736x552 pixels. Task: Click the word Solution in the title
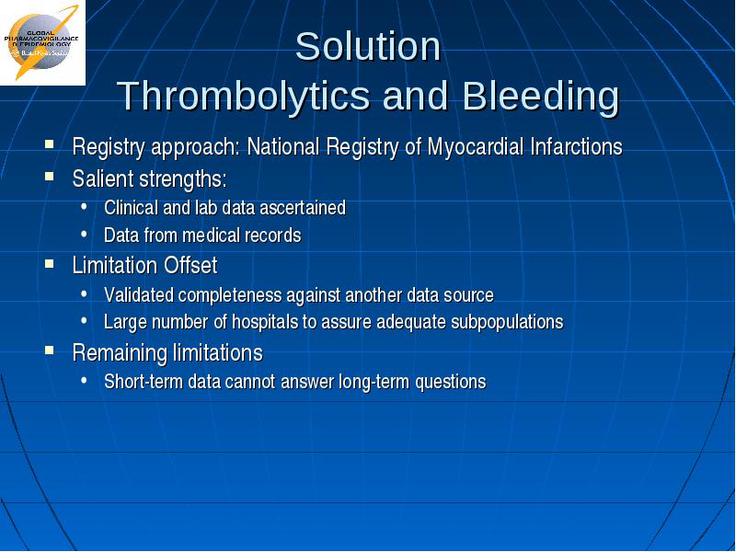click(x=368, y=47)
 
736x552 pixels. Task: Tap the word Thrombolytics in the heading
click(x=244, y=97)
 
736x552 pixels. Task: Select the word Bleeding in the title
click(x=541, y=96)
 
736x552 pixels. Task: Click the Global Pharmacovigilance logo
click(x=42, y=42)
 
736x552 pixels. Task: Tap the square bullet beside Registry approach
click(x=50, y=144)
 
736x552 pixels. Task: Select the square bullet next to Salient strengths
click(x=50, y=177)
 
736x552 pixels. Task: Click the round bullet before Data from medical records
click(x=84, y=234)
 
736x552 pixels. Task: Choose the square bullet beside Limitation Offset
click(x=50, y=263)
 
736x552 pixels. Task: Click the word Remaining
click(x=120, y=353)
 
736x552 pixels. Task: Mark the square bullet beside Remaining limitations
click(x=50, y=351)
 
